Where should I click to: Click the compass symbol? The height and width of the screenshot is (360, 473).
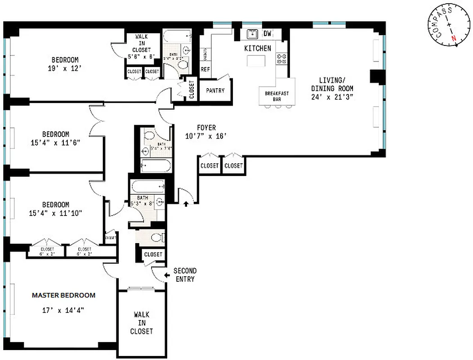pyautogui.click(x=449, y=28)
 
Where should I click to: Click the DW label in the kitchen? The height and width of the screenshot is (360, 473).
pyautogui.click(x=268, y=33)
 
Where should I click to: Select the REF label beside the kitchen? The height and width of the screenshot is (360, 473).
pyautogui.click(x=205, y=69)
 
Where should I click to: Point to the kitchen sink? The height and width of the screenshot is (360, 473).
pyautogui.click(x=251, y=34)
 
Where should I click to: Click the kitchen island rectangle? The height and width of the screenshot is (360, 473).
pyautogui.click(x=257, y=61)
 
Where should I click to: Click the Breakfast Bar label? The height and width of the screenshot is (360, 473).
pyautogui.click(x=277, y=96)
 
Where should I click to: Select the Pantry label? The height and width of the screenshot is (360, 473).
pyautogui.click(x=215, y=90)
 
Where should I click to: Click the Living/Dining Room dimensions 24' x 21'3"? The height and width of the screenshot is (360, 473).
pyautogui.click(x=332, y=97)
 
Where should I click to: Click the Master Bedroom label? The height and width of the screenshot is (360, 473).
pyautogui.click(x=63, y=296)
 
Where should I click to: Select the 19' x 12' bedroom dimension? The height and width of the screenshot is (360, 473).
pyautogui.click(x=65, y=68)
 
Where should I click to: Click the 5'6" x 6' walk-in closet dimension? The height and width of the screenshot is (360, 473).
pyautogui.click(x=141, y=57)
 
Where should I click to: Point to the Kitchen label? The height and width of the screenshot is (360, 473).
pyautogui.click(x=258, y=48)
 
